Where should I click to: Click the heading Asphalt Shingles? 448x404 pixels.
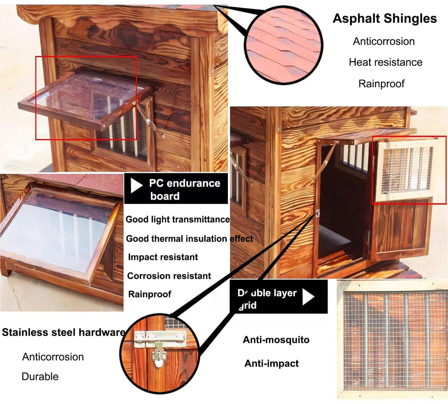(x=385, y=19)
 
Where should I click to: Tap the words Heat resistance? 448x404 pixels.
(x=385, y=62)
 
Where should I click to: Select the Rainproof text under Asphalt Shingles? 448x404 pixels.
(x=381, y=84)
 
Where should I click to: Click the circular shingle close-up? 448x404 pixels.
(x=283, y=45)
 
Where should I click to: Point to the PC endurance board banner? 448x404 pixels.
(x=176, y=189)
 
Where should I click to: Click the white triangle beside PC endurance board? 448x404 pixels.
(x=136, y=186)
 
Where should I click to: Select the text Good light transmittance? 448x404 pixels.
(x=178, y=219)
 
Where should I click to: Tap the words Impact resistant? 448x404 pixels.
(x=163, y=257)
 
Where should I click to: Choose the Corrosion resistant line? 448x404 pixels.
(x=169, y=276)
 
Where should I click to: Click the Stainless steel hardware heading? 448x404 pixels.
(x=63, y=332)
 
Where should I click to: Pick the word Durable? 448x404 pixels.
(x=40, y=376)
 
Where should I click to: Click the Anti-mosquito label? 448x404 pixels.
(x=276, y=340)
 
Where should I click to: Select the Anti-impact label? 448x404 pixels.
(x=271, y=363)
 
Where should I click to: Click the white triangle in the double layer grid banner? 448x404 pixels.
(x=308, y=296)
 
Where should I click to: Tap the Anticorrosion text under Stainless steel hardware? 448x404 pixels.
(x=53, y=357)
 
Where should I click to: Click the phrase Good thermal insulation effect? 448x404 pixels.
(x=189, y=239)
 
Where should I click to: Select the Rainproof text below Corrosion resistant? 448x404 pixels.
(x=150, y=294)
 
